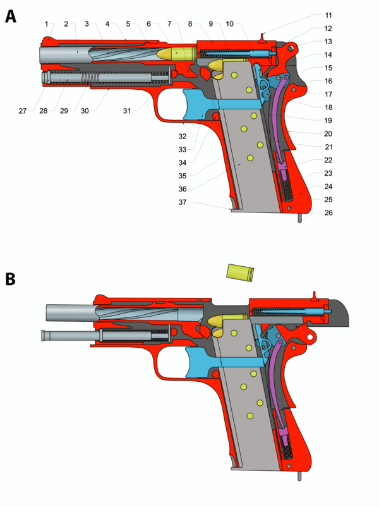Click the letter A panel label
(x=10, y=16)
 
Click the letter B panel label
(x=10, y=279)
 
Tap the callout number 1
(x=46, y=24)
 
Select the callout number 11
(x=328, y=15)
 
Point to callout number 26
(x=328, y=212)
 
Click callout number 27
(x=23, y=111)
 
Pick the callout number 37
(x=183, y=202)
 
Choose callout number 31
(x=126, y=111)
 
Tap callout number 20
(x=328, y=134)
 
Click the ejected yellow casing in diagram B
(x=240, y=273)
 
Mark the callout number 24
(x=328, y=186)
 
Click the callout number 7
(x=169, y=24)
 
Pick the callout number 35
(x=183, y=176)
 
